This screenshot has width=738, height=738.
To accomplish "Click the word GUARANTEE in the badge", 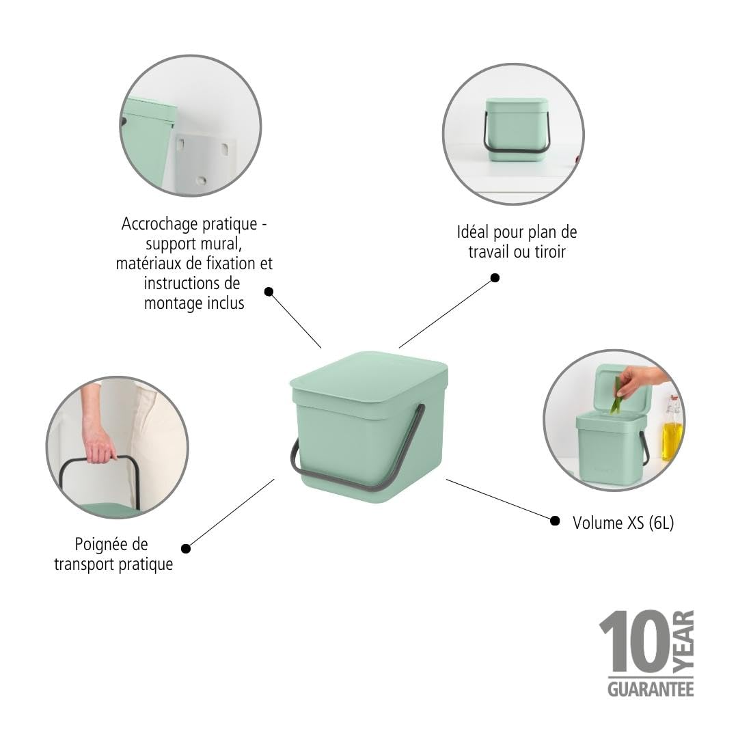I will tap(650, 687).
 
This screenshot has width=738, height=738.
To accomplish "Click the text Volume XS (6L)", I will tap(623, 523).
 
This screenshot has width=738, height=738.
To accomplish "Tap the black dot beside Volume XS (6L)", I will tap(555, 521).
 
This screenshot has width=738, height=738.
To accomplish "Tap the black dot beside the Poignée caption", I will tap(186, 548).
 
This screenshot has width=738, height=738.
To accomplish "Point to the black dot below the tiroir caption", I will tap(495, 278).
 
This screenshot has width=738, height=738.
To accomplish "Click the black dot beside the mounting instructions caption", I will tap(269, 292).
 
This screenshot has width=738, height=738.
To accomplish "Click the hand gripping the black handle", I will tap(99, 443).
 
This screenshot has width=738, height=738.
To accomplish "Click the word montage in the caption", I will tap(166, 303).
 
